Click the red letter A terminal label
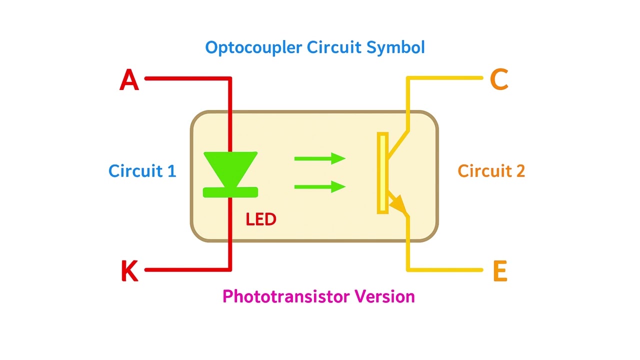tap(129, 80)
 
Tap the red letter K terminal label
tap(129, 271)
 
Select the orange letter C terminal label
tap(499, 79)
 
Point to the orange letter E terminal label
tap(499, 271)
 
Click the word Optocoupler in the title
tap(253, 48)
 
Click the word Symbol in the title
tap(395, 48)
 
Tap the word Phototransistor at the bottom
tap(286, 296)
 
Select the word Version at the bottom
tap(385, 296)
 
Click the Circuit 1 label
tap(142, 171)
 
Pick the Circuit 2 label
tap(491, 171)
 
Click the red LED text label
tap(261, 219)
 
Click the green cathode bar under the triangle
tap(230, 192)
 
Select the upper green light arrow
tap(320, 159)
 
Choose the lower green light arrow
tap(320, 187)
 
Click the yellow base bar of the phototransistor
tap(382, 173)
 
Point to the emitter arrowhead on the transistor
tap(398, 204)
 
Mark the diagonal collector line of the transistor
tap(398, 143)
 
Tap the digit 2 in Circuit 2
tap(519, 171)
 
